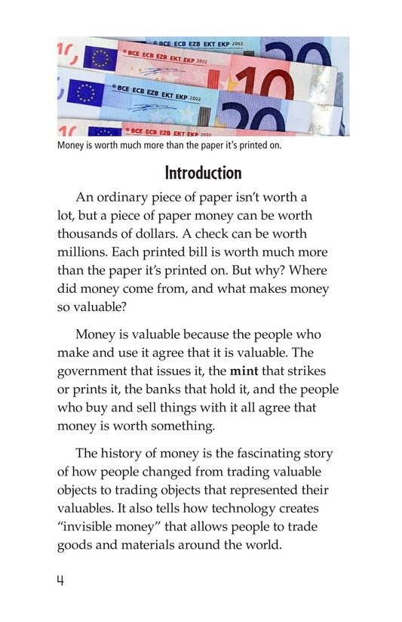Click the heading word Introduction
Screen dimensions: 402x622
click(x=203, y=174)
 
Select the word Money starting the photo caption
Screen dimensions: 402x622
click(x=72, y=146)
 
